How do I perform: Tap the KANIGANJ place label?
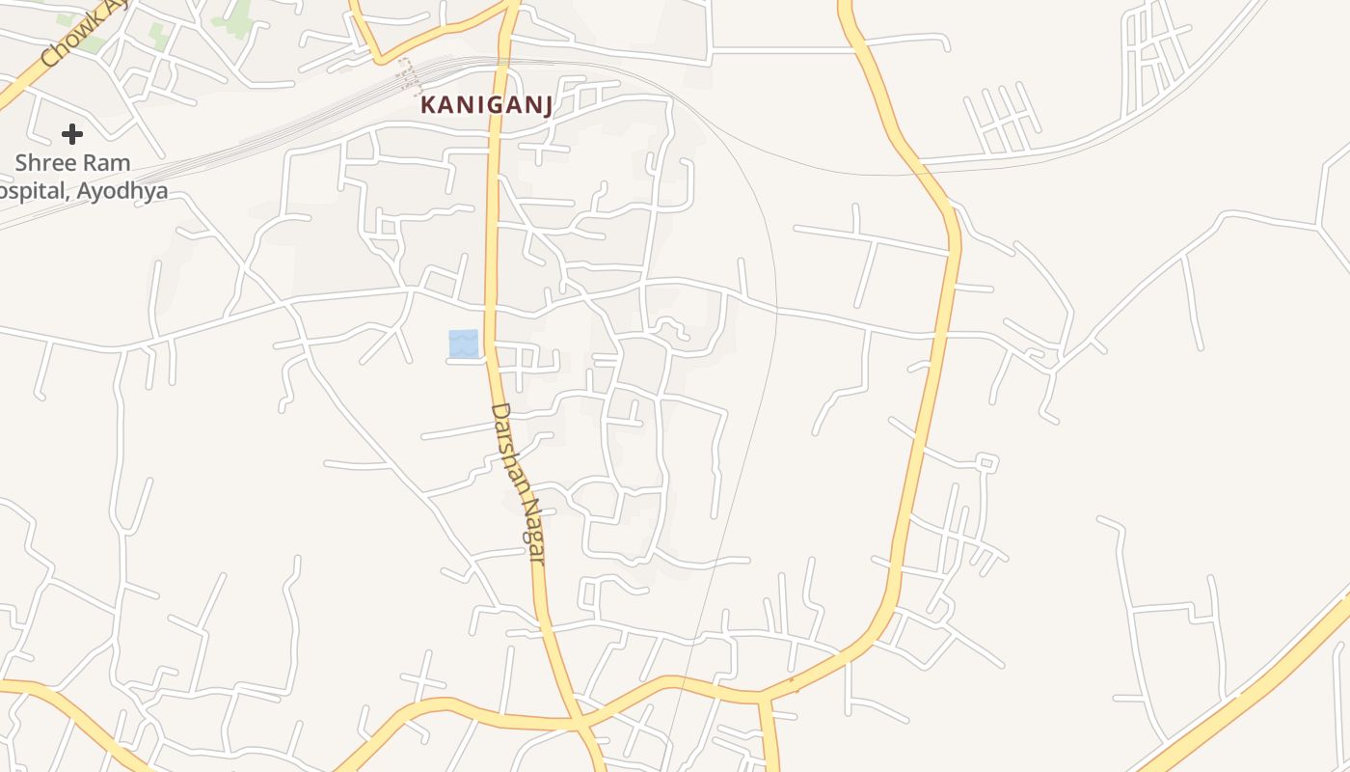click(x=487, y=105)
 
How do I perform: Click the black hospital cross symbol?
click(x=72, y=133)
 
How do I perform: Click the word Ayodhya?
click(x=122, y=190)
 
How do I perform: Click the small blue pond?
click(x=463, y=343)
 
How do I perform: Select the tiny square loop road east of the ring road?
click(x=985, y=462)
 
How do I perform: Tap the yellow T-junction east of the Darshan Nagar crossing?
click(x=762, y=696)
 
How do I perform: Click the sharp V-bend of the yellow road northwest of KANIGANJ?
click(x=379, y=59)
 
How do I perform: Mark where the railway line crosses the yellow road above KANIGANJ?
click(x=501, y=63)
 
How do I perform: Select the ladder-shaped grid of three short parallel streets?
click(x=1003, y=121)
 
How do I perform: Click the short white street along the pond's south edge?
click(x=464, y=362)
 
